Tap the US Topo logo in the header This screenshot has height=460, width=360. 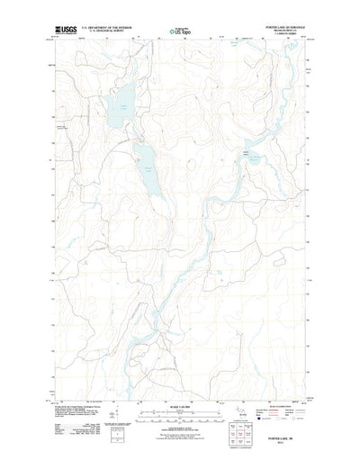(x=180, y=32)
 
